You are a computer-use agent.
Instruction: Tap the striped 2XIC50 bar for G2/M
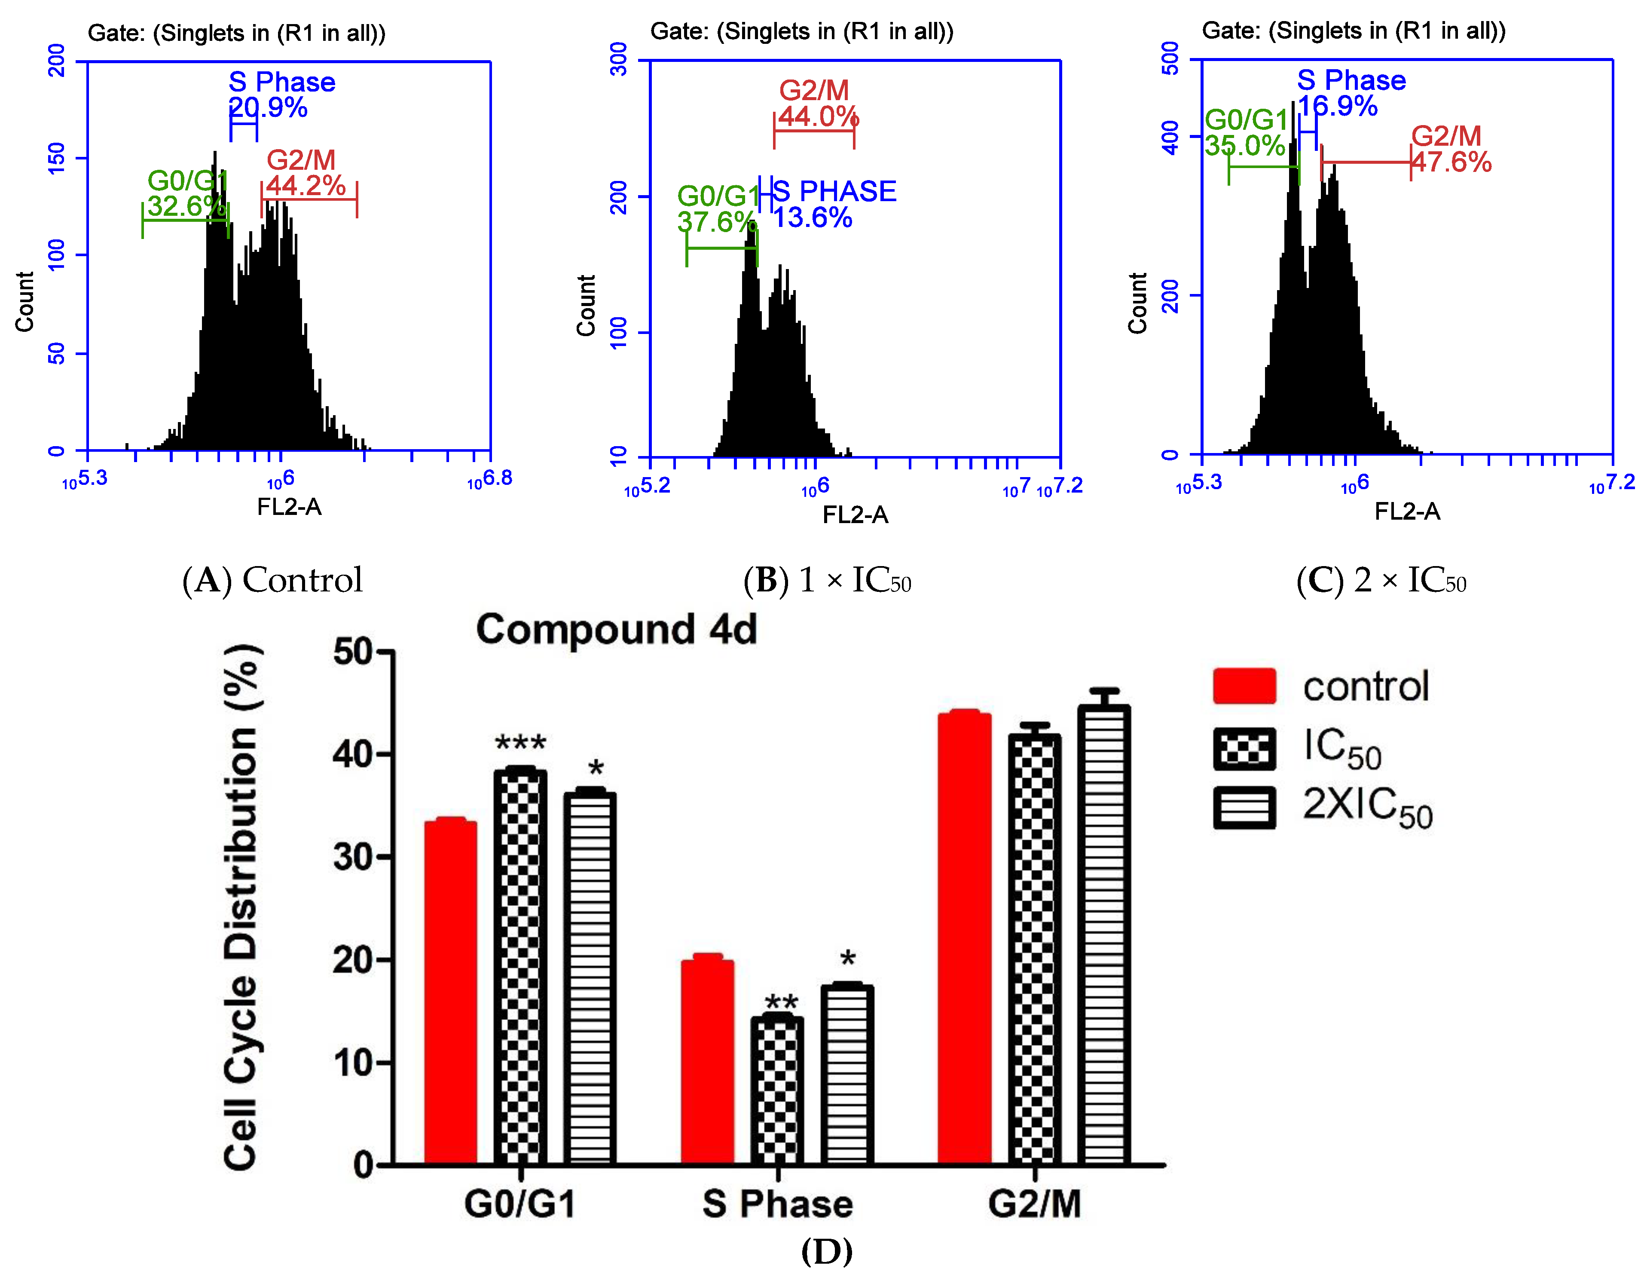(1103, 935)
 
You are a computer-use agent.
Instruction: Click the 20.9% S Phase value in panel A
(268, 108)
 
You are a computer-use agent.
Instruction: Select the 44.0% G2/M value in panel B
(818, 116)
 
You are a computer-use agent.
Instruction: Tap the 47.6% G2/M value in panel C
(1451, 162)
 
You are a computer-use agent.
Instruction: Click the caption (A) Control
(272, 580)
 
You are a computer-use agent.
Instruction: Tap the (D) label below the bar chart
(827, 1251)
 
